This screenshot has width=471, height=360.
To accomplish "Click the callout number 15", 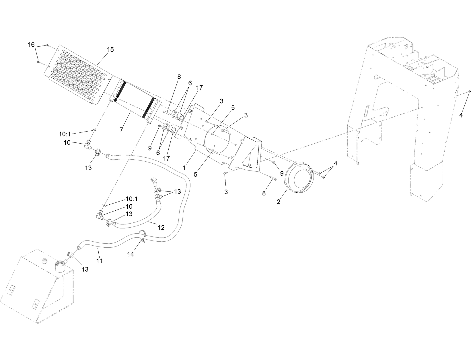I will [x=110, y=50].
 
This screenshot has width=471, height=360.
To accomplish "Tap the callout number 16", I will [x=31, y=45].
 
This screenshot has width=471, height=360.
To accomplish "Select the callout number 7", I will [x=121, y=130].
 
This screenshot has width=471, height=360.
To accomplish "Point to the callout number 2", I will [x=278, y=201].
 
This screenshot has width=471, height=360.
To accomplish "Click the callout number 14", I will [x=131, y=254].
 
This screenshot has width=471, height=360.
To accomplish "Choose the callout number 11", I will [x=100, y=261].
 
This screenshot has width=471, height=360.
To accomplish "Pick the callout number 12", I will [x=161, y=227].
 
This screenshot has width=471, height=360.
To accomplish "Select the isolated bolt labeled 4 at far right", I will [x=469, y=91].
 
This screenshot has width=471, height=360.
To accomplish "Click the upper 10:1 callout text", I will [x=65, y=134].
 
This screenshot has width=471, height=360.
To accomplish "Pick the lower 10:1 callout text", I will [x=131, y=199].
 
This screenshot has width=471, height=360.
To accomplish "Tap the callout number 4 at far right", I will [x=461, y=115].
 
